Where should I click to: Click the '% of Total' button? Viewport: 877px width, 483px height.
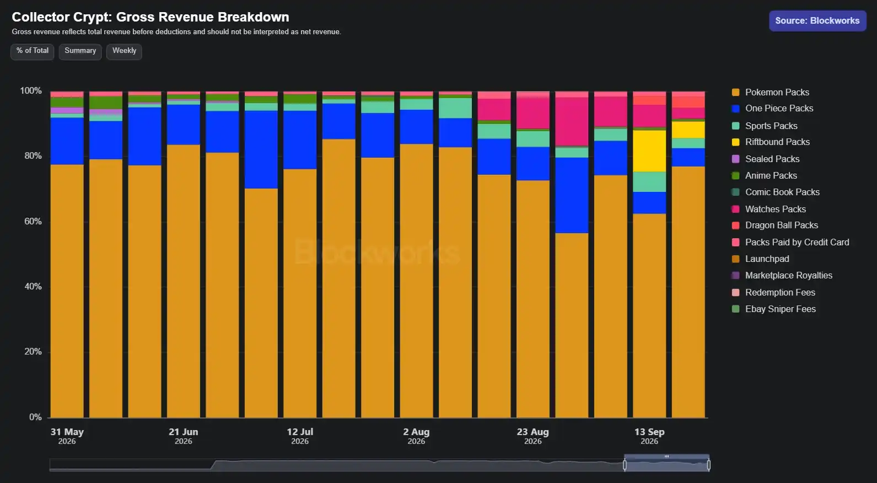[x=32, y=51]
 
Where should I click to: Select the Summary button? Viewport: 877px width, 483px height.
[x=80, y=51]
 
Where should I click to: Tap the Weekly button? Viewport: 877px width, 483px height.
[x=124, y=51]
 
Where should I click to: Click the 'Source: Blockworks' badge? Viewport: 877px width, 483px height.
[x=817, y=21]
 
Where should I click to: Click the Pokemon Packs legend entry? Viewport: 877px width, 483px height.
[x=770, y=93]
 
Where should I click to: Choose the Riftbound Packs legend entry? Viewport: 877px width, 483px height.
[x=771, y=142]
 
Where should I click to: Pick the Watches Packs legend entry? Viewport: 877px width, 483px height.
[x=768, y=209]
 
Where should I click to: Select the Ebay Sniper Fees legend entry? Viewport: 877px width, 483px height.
[x=773, y=309]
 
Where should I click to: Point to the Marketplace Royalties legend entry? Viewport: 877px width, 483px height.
[x=782, y=275]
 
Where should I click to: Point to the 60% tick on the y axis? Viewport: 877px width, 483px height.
[x=33, y=221]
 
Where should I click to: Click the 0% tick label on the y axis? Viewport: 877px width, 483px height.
[x=35, y=417]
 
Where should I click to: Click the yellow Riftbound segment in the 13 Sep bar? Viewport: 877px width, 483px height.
[x=649, y=151]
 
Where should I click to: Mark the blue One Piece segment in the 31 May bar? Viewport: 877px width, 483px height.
[x=67, y=141]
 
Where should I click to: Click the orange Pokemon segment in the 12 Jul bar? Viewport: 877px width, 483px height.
[x=300, y=293]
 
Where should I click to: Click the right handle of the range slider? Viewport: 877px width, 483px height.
[x=709, y=465]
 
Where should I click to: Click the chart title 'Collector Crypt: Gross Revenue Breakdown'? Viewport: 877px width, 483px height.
[x=150, y=17]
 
